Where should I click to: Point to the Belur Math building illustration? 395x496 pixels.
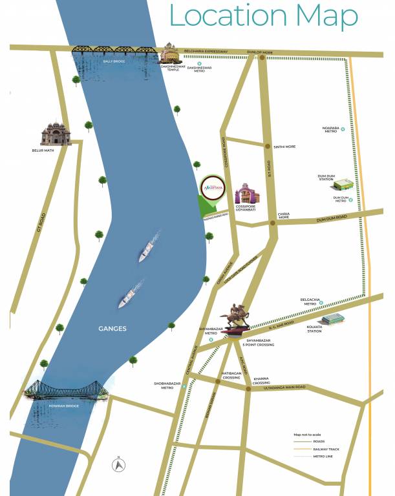[x=56, y=134]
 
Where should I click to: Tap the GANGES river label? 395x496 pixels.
[x=112, y=329]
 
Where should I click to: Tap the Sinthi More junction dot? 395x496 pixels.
[x=266, y=147]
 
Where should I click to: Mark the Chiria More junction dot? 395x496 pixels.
[x=273, y=222]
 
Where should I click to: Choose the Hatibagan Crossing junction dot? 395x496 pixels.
[x=218, y=382]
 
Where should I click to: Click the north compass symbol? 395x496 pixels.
[x=118, y=463]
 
